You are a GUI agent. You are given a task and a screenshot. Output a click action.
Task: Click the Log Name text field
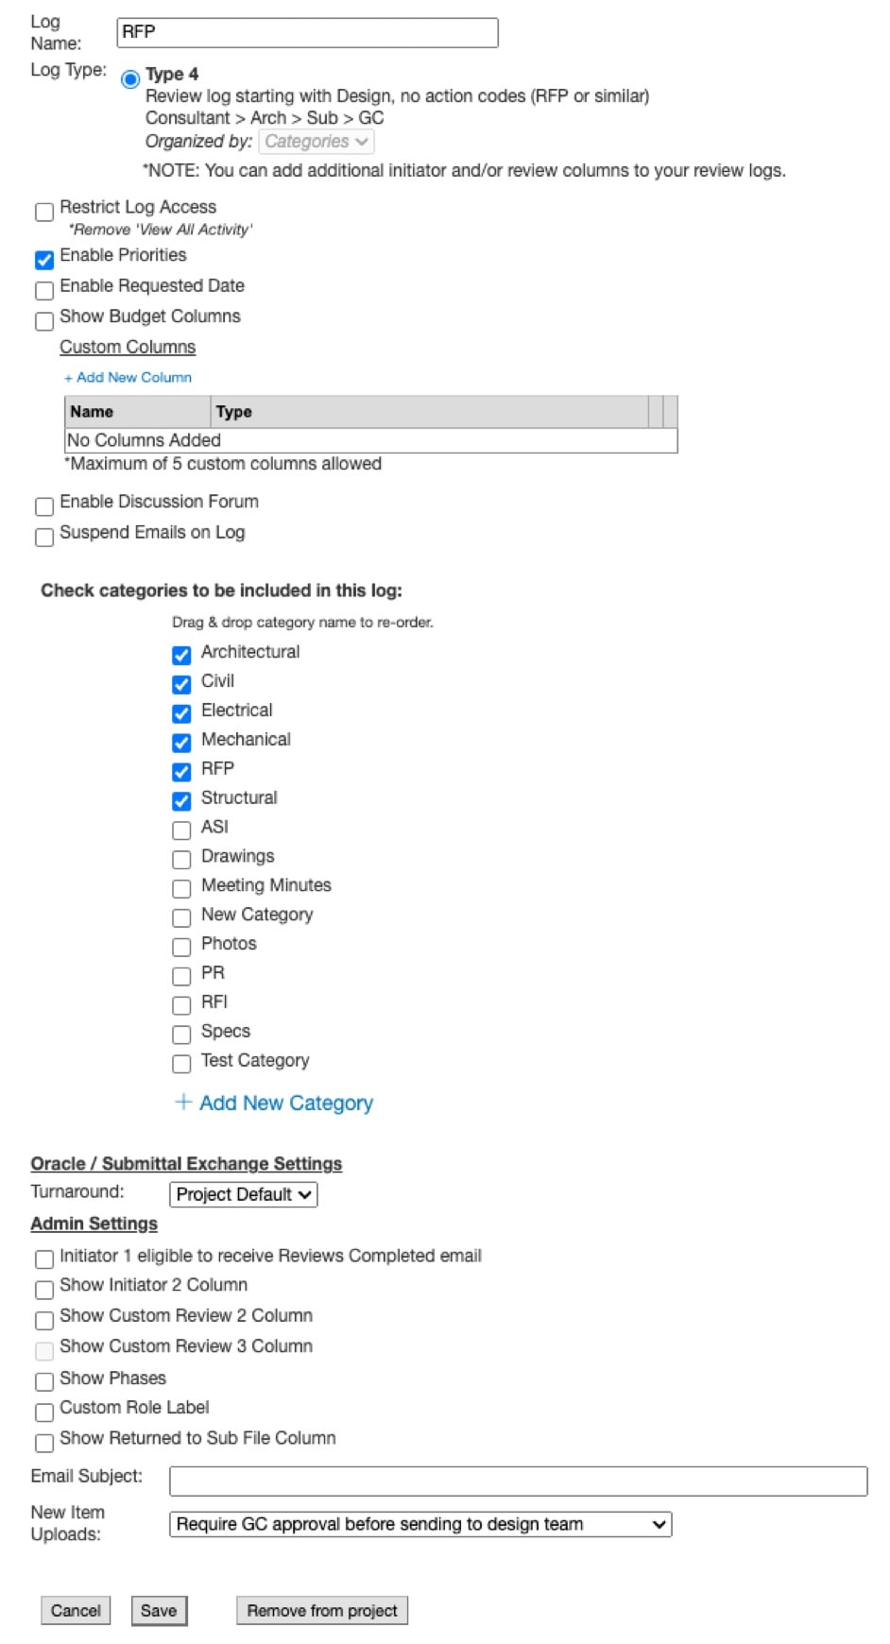(x=307, y=33)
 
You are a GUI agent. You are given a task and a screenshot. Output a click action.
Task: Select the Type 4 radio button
(x=130, y=79)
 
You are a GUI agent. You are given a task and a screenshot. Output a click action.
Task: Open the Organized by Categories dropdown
(x=316, y=142)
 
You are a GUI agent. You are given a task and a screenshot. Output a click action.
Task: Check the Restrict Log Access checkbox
(x=44, y=212)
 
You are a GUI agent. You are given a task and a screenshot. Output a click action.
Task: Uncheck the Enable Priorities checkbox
(x=44, y=260)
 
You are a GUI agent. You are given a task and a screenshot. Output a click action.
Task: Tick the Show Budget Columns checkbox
(x=44, y=321)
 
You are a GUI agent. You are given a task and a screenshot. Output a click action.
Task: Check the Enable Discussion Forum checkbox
(x=44, y=506)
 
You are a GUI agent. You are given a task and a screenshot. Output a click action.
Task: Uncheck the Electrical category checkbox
(x=181, y=713)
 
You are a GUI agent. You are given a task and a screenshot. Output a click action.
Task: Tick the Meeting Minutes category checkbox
(x=181, y=889)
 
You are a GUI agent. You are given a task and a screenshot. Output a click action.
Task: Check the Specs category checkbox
(x=181, y=1035)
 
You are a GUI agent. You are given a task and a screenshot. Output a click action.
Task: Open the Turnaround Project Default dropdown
(x=243, y=1194)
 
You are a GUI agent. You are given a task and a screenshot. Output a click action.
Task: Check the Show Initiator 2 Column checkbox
(x=44, y=1290)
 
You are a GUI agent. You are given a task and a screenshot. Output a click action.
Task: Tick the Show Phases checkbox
(x=44, y=1381)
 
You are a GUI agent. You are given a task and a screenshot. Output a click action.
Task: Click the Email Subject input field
(x=517, y=1481)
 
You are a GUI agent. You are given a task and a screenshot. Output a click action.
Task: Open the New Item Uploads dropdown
(x=419, y=1524)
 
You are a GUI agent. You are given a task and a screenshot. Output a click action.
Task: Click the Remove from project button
(x=321, y=1610)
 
